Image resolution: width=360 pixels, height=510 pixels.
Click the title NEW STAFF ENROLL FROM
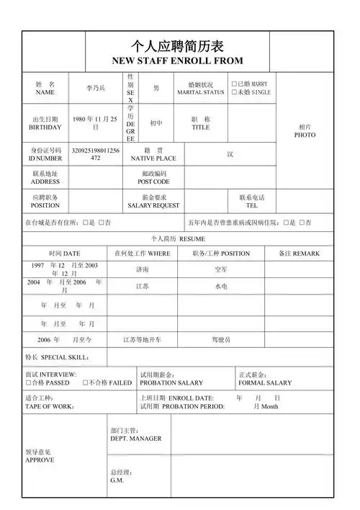[x=177, y=61]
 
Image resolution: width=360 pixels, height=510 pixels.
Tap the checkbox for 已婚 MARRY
[x=234, y=84]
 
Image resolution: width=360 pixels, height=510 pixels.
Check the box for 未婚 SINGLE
[x=234, y=93]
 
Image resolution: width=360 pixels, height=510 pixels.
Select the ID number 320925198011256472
[x=95, y=153]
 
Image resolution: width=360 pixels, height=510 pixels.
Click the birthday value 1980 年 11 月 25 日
[x=95, y=122]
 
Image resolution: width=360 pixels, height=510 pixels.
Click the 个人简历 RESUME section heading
[x=177, y=238]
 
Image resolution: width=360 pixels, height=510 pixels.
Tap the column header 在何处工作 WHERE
[x=143, y=254]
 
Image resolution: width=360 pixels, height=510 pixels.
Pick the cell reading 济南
[x=143, y=269]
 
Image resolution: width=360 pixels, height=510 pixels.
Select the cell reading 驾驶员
[x=220, y=339]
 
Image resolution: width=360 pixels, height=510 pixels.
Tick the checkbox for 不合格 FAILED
[x=86, y=383]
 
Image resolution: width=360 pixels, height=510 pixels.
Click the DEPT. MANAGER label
[x=135, y=434]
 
